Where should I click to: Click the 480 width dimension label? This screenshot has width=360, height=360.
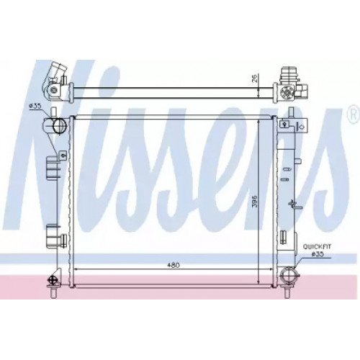[173, 266]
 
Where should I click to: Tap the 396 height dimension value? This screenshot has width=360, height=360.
[254, 201]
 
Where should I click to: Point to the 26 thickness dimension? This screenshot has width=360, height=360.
[254, 77]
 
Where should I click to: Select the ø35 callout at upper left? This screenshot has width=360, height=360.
[35, 106]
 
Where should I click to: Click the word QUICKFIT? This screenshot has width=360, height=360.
[317, 246]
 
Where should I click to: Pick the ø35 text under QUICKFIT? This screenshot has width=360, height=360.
[318, 254]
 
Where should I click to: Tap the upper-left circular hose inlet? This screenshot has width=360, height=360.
[59, 125]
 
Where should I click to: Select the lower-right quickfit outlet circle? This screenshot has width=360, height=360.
[289, 275]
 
